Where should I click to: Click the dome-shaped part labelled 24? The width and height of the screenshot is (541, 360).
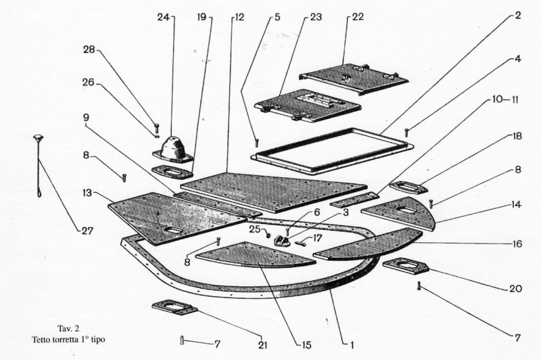click(x=171, y=144)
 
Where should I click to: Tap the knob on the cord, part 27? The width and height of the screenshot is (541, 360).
click(x=38, y=139)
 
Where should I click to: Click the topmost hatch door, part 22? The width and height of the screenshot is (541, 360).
click(x=356, y=77)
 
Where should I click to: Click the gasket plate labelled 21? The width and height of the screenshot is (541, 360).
click(x=174, y=309)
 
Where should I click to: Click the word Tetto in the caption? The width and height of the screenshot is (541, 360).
click(x=41, y=338)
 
